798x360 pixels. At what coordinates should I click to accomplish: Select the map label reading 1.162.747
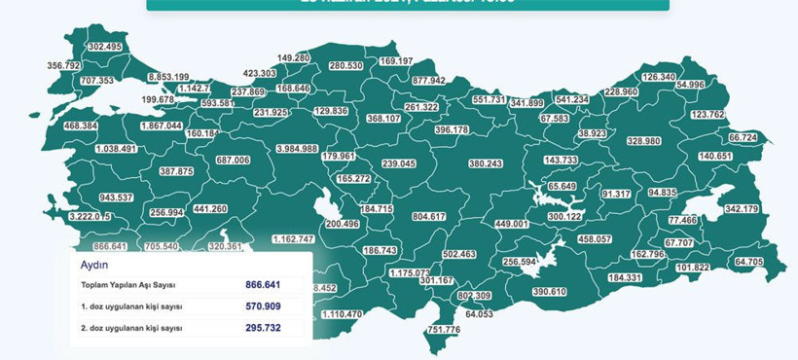[293, 239]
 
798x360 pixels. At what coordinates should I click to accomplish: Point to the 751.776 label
[443, 330]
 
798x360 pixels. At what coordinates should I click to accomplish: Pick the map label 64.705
[749, 263]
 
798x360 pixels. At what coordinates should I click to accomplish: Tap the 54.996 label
[690, 86]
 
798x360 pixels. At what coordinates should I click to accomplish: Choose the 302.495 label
[104, 47]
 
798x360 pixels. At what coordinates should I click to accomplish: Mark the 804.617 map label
[429, 216]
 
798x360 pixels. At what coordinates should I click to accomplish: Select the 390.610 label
[550, 292]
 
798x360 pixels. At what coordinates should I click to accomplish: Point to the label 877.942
[428, 81]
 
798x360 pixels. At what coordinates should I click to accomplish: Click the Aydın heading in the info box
[94, 264]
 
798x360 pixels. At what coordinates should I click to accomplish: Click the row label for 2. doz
[132, 329]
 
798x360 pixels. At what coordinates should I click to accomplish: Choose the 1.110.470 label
[341, 314]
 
